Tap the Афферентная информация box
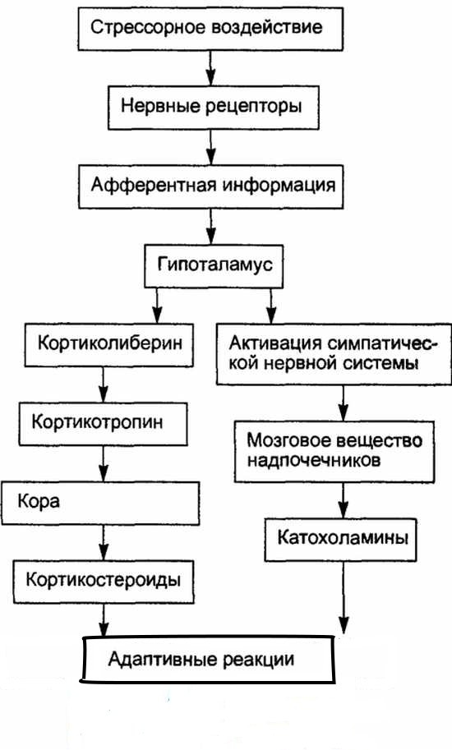point(212,185)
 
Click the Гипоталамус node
point(214,265)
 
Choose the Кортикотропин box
point(109,424)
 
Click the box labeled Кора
point(102,502)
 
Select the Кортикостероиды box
point(103,581)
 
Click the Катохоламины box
point(342,540)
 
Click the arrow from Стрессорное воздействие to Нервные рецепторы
point(211,67)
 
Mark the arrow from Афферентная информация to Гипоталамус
point(211,225)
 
